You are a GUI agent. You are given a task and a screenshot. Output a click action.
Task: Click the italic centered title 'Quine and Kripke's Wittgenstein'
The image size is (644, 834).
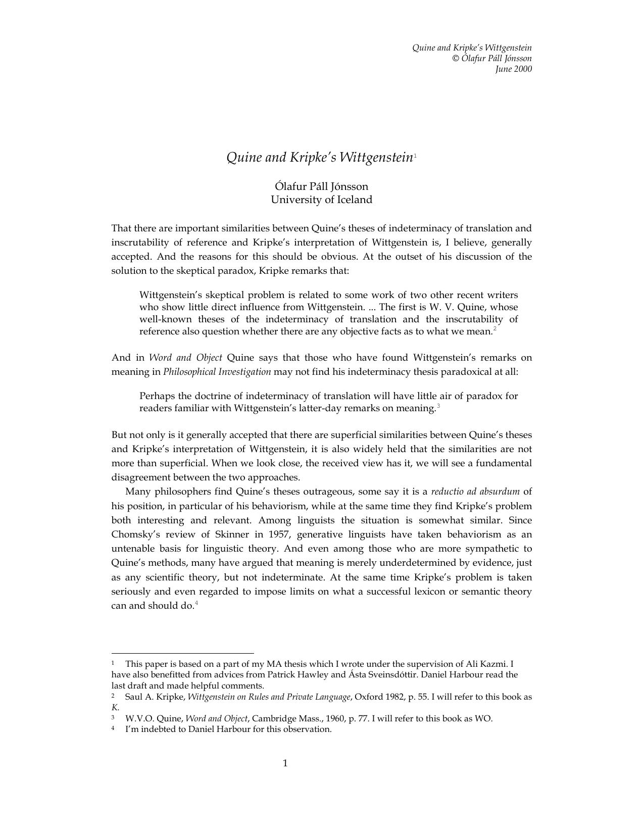[x=319, y=158]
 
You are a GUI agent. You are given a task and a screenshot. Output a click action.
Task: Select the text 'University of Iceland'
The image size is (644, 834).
[x=321, y=200]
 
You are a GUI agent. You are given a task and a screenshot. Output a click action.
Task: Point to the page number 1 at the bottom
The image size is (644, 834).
[x=285, y=763]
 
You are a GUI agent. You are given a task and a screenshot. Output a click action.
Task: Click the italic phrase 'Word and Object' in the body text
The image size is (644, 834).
[x=185, y=358]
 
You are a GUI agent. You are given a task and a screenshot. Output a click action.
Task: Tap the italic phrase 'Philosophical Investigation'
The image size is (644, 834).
[x=217, y=372]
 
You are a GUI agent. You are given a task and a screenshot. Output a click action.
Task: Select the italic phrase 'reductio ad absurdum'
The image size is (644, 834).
[x=475, y=492]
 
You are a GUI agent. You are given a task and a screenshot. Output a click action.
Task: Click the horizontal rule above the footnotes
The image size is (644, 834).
[x=182, y=653]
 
